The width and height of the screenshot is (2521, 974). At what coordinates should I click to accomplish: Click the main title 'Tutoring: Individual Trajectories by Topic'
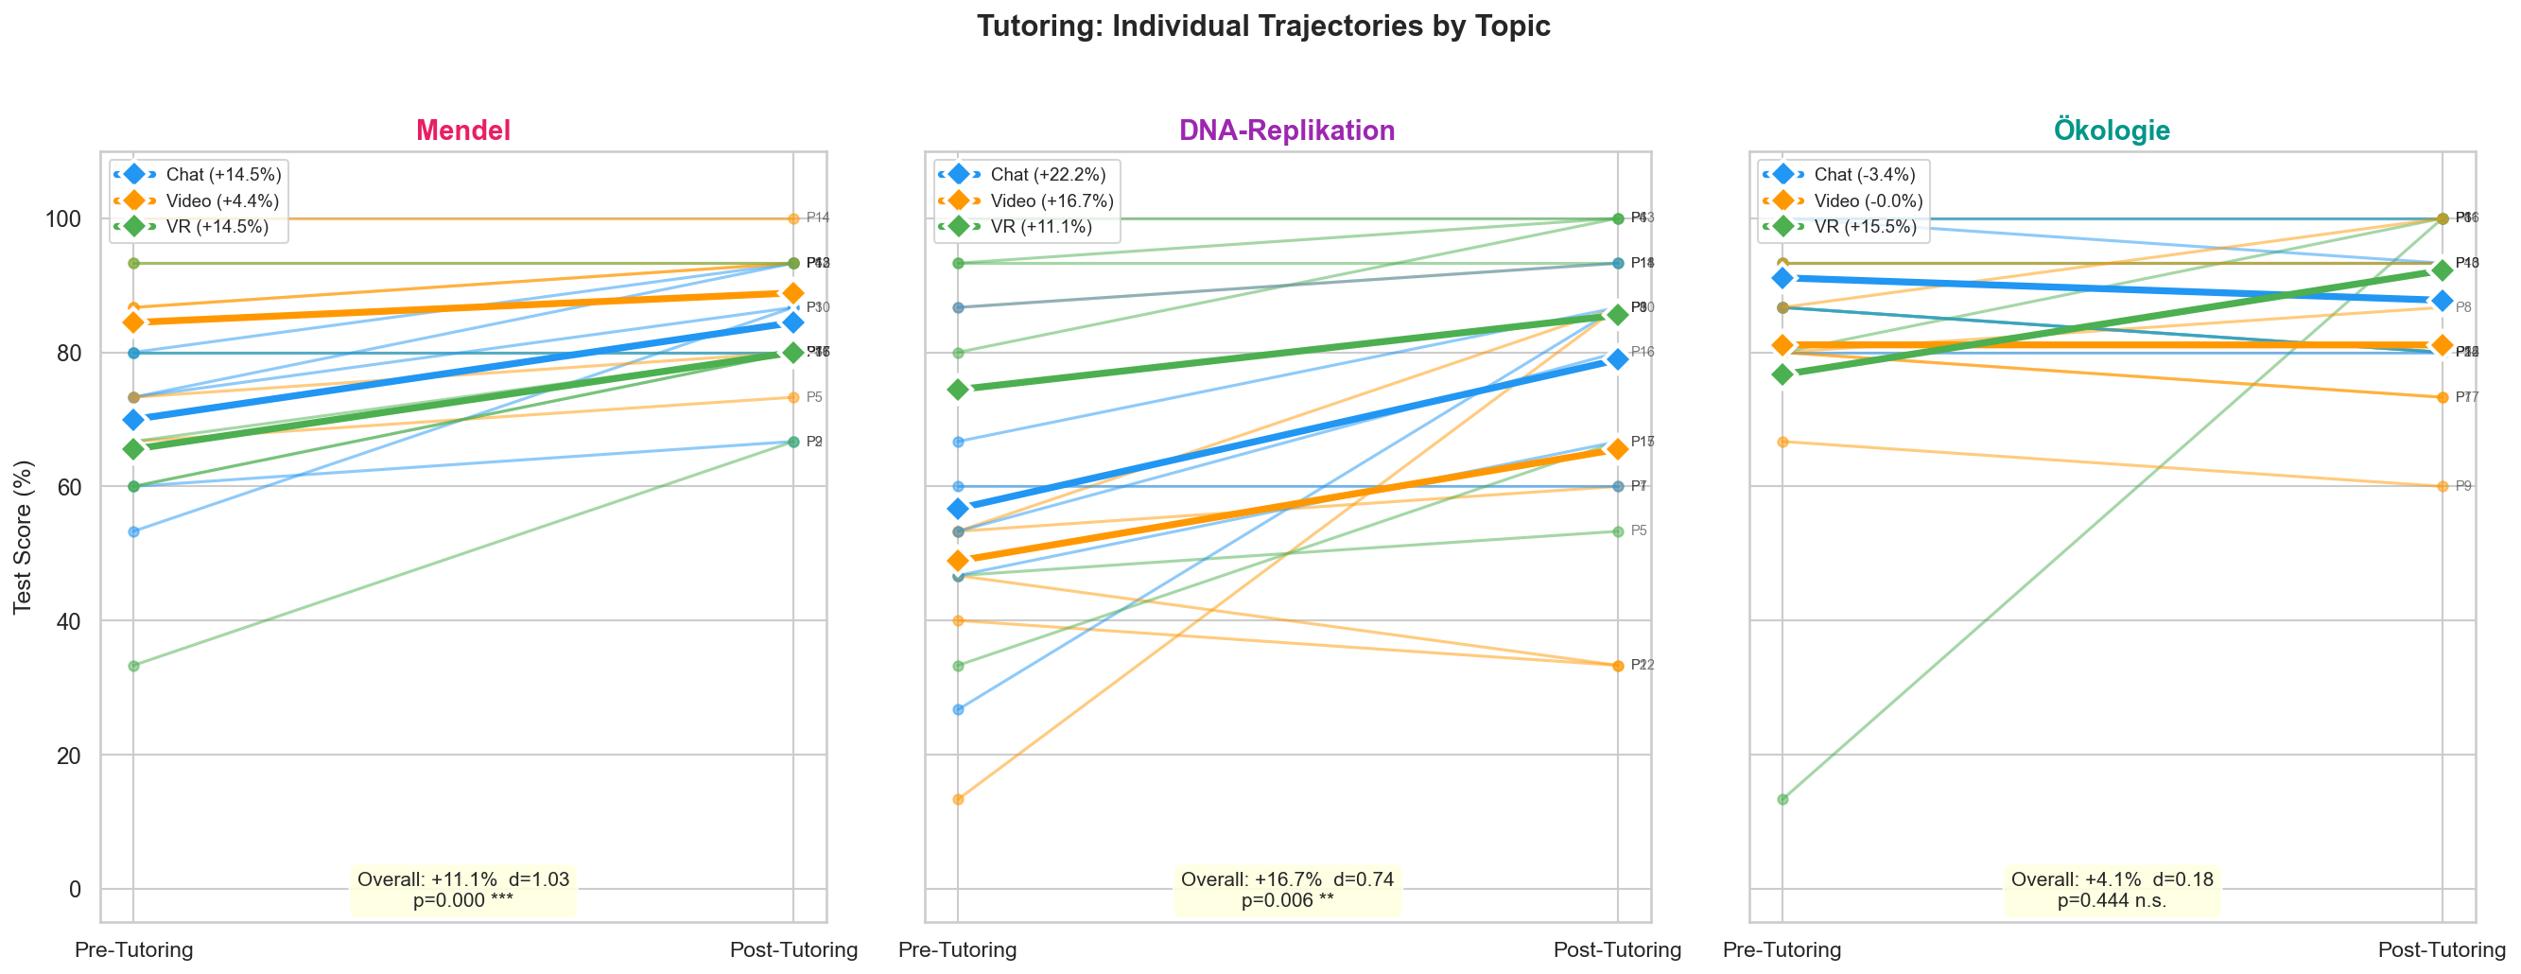(x=1262, y=26)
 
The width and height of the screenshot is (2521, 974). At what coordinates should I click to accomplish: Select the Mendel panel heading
(x=463, y=130)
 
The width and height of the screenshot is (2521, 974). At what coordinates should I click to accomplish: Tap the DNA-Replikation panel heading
(x=1287, y=130)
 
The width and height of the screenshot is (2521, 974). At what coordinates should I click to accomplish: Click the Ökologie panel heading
(x=2112, y=130)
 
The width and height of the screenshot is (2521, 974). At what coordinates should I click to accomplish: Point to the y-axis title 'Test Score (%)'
(x=23, y=536)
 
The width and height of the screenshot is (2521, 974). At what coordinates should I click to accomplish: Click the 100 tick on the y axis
(x=63, y=218)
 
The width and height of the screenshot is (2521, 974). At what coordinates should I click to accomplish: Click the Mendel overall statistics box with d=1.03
(x=463, y=890)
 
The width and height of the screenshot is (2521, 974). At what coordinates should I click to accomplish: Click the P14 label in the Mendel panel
(x=818, y=218)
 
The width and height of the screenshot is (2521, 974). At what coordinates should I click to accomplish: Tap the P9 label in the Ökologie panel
(x=2463, y=486)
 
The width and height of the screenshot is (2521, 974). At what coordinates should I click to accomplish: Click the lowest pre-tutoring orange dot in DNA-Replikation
(x=958, y=800)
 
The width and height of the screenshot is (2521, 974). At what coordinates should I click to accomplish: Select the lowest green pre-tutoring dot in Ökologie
(x=1782, y=800)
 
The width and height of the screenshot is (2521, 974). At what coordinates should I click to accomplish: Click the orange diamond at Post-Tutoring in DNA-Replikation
(x=1618, y=448)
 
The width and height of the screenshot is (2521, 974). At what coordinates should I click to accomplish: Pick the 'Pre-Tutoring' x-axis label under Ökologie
(x=1782, y=949)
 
